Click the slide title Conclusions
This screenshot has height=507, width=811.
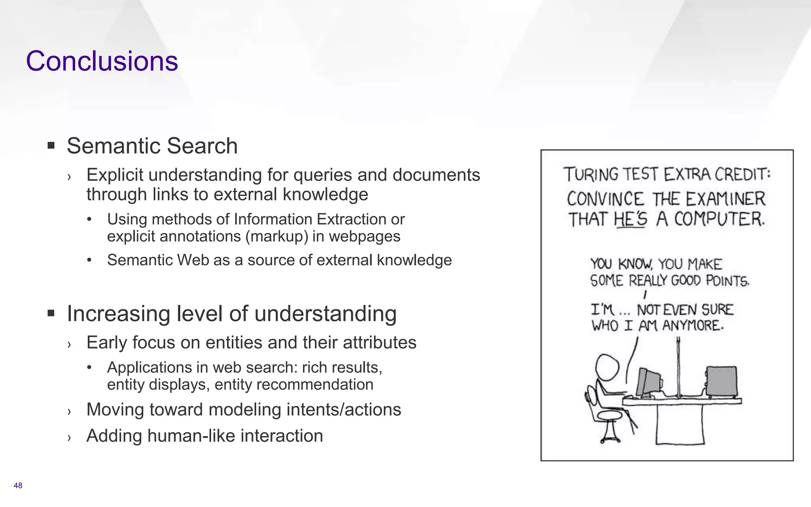(x=102, y=61)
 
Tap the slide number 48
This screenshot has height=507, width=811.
(x=18, y=486)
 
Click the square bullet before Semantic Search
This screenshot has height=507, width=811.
(x=51, y=145)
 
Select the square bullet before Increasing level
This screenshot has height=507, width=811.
(x=51, y=313)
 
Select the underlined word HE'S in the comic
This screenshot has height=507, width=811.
(x=630, y=219)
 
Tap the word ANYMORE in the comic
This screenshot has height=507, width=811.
(x=693, y=326)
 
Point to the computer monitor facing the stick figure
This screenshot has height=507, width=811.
(x=648, y=382)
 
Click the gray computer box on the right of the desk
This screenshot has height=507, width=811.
(x=721, y=381)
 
